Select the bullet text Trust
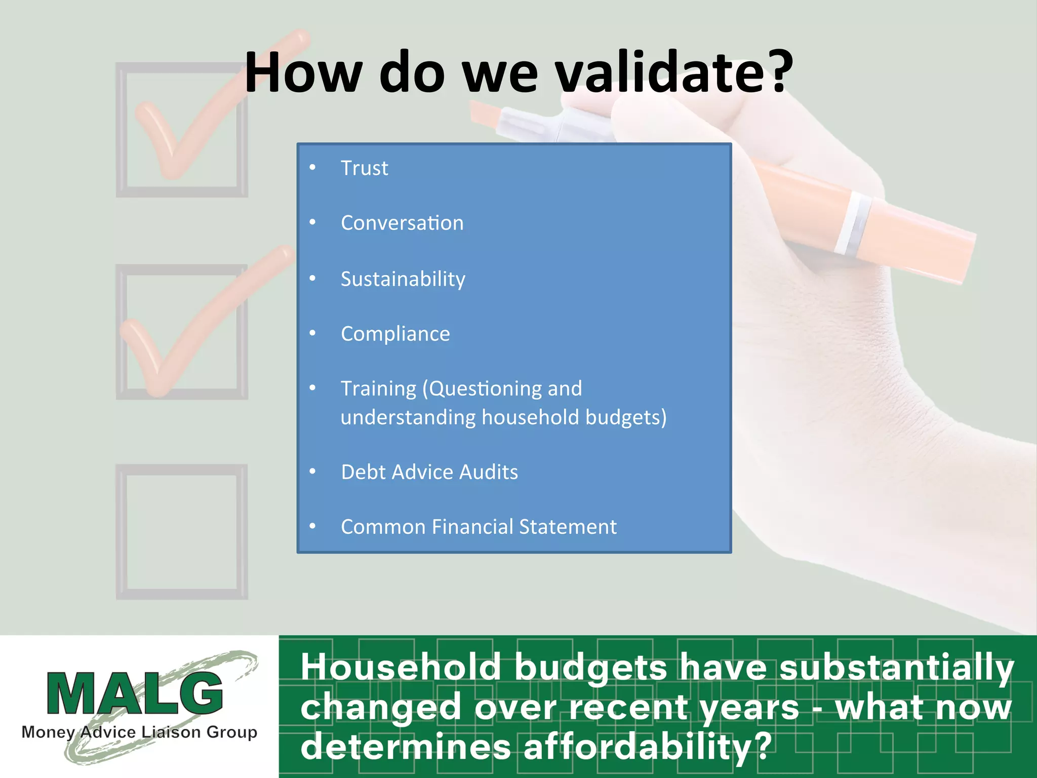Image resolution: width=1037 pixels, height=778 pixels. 364,168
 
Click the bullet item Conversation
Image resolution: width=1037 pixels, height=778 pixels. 402,223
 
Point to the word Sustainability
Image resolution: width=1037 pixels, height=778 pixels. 403,279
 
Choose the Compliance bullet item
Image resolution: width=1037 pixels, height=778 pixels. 395,334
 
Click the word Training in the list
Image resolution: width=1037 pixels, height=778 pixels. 378,389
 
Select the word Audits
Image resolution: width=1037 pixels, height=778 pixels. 489,472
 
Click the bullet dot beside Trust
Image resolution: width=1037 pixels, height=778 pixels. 312,167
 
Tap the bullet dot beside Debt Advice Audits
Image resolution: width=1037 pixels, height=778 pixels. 312,472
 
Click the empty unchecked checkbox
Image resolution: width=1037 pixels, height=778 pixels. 182,532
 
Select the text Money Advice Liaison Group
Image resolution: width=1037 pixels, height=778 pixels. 139,732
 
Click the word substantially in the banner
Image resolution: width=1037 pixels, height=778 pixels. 896,667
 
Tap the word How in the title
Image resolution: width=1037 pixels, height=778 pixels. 303,73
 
